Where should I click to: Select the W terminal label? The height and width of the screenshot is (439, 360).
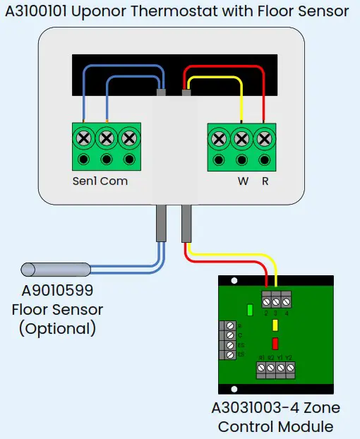[x=243, y=181]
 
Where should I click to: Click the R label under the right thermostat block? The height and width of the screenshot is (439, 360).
[x=265, y=181]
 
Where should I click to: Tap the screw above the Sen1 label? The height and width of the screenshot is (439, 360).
[x=84, y=137]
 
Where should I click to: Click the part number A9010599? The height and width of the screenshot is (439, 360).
[x=57, y=290]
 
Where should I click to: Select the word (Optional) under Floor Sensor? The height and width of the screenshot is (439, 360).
[x=57, y=328]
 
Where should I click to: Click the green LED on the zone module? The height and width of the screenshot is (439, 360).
[x=250, y=309]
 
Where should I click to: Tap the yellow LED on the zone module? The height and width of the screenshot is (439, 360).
[x=275, y=325]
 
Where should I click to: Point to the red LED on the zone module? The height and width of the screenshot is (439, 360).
[x=275, y=344]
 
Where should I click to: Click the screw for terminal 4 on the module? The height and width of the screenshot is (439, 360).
[x=287, y=301]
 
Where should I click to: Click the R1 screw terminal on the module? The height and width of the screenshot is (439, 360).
[x=262, y=368]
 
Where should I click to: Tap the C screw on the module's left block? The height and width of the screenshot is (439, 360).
[x=229, y=336]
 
